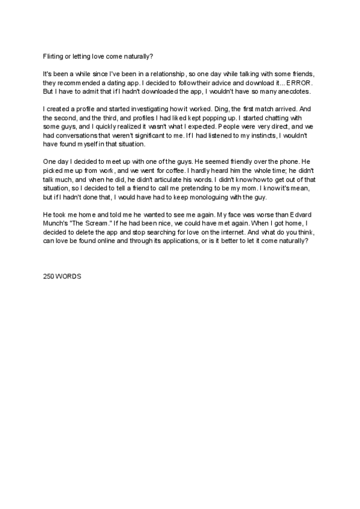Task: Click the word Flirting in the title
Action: coord(52,56)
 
